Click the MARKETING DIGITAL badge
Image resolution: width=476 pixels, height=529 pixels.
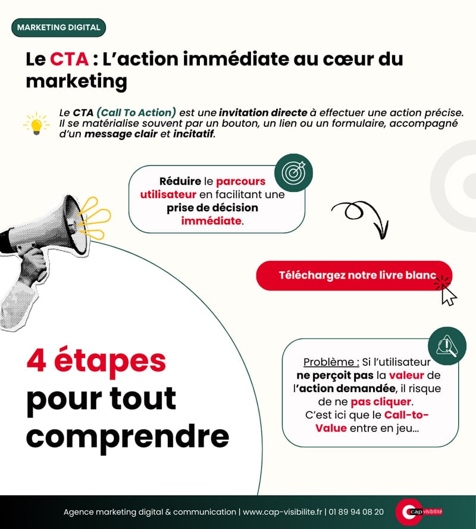click(58, 27)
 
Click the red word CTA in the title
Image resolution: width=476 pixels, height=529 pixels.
click(69, 60)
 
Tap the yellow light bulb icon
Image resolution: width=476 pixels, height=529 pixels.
click(36, 123)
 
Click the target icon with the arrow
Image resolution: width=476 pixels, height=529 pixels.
click(293, 173)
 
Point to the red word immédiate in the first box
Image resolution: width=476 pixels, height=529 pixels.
click(212, 221)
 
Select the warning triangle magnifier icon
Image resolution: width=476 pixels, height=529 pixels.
click(447, 346)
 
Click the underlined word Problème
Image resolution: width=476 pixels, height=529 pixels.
click(331, 362)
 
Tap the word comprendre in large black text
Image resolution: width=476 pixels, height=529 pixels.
click(127, 436)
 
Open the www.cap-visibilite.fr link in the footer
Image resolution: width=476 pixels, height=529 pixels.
click(282, 512)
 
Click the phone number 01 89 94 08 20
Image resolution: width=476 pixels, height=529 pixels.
click(356, 512)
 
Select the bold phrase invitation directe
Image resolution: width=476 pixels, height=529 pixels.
click(263, 112)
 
